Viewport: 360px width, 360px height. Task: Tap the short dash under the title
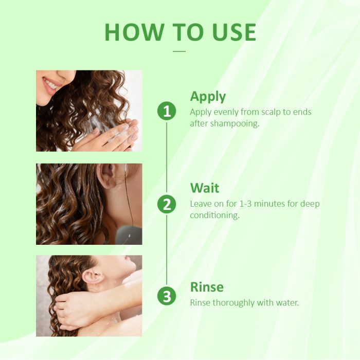coord(179,51)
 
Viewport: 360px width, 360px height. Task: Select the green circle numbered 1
coord(167,111)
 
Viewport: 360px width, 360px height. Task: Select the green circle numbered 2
coord(167,204)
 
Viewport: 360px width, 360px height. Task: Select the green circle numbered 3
coord(167,296)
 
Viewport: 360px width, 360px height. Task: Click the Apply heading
coord(208,97)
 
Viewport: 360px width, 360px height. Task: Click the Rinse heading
coord(207,287)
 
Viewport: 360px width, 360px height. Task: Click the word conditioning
coord(214,215)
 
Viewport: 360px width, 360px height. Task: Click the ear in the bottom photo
coord(93,278)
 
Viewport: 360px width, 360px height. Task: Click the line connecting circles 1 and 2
coord(167,157)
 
